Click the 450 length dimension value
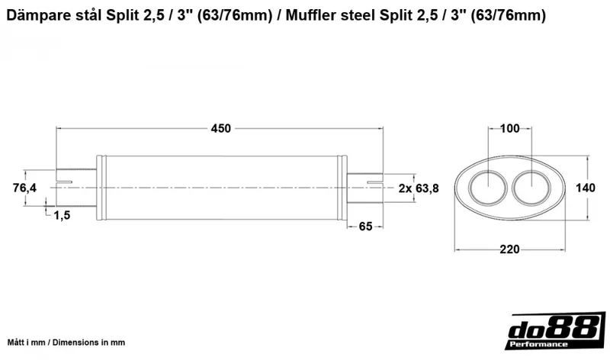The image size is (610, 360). tap(220, 128)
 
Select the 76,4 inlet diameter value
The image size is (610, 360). tap(24, 188)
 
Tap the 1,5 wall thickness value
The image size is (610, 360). tap(63, 216)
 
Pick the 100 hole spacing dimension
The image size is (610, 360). tap(510, 128)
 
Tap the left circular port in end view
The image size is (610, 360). tap(483, 188)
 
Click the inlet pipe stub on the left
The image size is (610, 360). tap(76, 187)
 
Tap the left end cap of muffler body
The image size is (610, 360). tap(101, 187)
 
